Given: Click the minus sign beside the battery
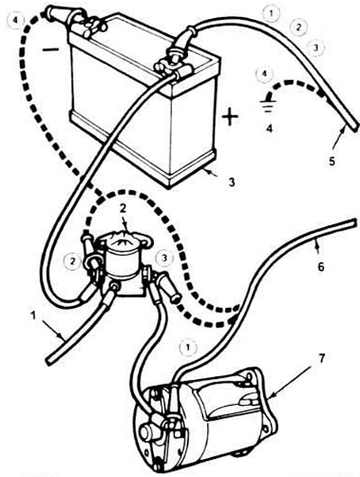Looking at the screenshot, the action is pos(50,49).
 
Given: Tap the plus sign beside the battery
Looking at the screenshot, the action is pos(230,117).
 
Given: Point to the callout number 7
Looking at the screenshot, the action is pos(320,358).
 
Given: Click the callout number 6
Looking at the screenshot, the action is pos(321,266).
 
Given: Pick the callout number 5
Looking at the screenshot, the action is pos(332,160).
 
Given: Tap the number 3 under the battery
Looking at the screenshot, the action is pos(232,182).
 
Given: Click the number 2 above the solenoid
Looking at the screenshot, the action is pos(123,208).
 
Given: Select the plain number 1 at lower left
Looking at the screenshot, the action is pos(33,316).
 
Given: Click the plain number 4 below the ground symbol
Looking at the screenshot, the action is pos(269,128).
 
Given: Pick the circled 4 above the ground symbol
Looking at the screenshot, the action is pos(264,74).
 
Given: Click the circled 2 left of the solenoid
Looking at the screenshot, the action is pos(72,261).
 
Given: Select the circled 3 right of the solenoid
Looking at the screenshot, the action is pos(164,258).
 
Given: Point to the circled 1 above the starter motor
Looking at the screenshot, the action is pos(188,347).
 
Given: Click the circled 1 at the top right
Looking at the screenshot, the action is pos(271,13).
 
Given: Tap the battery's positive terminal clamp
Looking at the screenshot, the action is pos(173,65).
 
